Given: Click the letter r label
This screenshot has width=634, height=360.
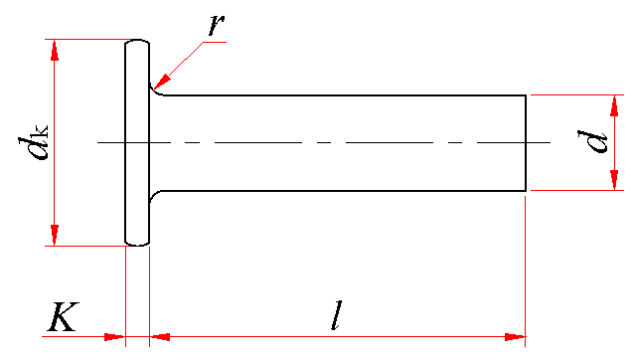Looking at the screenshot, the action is [x=217, y=25].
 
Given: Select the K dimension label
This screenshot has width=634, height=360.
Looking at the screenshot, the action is [x=63, y=316].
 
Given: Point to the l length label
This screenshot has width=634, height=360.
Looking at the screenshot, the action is [x=337, y=315].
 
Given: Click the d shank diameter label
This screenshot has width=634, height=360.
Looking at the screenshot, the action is [x=592, y=141].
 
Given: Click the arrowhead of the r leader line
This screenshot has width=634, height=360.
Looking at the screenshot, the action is [x=162, y=81].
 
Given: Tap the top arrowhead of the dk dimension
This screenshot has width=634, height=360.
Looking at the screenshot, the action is [x=55, y=50].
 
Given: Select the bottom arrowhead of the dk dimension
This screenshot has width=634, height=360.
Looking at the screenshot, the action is [x=55, y=235].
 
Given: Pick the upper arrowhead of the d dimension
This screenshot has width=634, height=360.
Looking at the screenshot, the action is [x=614, y=106].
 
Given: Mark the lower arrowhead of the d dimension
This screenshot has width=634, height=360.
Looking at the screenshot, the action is [x=614, y=180].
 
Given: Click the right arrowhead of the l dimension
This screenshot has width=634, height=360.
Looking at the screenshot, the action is [x=515, y=336].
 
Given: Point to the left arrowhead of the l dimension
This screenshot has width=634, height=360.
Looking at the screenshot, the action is [x=160, y=336].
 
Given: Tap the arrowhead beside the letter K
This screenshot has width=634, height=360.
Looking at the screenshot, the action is [x=115, y=336].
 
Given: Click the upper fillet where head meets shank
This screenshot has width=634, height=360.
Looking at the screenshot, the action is [x=154, y=91].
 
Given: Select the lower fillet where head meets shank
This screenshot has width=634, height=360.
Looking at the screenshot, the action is [x=154, y=194].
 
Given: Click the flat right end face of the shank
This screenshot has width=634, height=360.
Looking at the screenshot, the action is [x=526, y=143].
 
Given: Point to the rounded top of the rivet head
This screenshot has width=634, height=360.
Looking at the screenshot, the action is [x=137, y=40].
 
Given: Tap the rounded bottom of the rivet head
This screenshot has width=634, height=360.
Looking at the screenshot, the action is [x=137, y=245].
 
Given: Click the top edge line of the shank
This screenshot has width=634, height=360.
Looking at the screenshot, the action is [x=345, y=95].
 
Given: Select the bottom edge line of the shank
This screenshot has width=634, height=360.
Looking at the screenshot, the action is [x=344, y=190].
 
